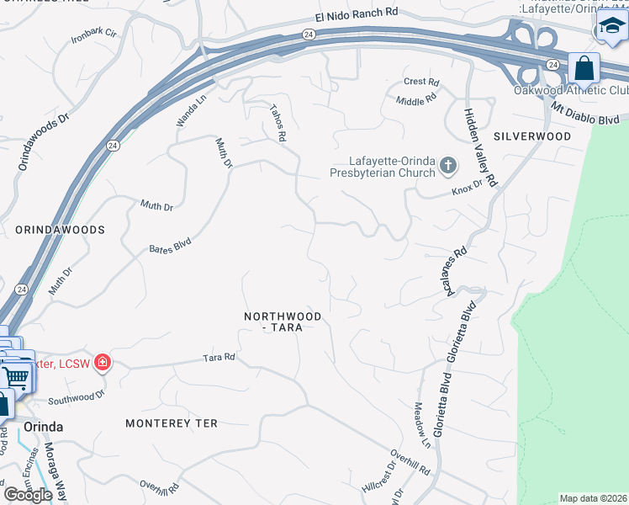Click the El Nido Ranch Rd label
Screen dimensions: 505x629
click(356, 14)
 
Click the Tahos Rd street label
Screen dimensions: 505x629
click(278, 123)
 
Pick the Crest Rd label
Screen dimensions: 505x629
click(421, 82)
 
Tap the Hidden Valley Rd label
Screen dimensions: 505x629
click(480, 146)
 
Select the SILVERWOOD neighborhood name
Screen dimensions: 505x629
click(532, 136)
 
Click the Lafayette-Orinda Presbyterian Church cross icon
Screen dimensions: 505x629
click(447, 167)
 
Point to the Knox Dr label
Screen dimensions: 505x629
click(467, 186)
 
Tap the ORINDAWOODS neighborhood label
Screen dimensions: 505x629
click(60, 229)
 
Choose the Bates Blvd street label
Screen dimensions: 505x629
click(170, 246)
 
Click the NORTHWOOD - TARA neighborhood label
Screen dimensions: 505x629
click(283, 322)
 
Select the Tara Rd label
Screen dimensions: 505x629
click(219, 358)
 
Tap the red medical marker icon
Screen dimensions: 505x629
click(103, 363)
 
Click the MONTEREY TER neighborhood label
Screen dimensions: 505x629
click(172, 423)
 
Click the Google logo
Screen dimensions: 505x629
click(28, 495)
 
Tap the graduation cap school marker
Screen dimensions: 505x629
click(611, 28)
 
